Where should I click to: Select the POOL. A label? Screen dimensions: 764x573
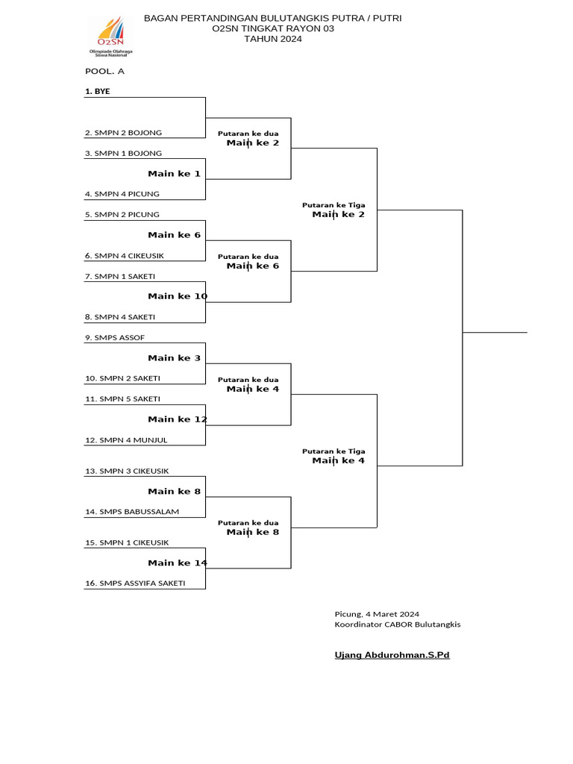click(104, 71)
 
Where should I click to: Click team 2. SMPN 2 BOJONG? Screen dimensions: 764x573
click(123, 133)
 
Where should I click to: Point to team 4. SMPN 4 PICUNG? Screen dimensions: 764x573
click(122, 194)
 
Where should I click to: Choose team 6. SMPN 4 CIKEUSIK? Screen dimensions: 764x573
click(125, 256)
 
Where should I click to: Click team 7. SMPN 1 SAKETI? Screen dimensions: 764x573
click(120, 276)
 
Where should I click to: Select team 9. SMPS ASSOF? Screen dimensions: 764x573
click(115, 338)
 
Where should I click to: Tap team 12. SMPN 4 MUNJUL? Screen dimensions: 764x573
click(126, 440)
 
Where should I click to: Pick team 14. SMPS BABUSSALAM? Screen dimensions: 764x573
click(132, 512)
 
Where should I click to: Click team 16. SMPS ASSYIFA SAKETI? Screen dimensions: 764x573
click(135, 583)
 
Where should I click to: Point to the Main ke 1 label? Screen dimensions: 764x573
click(174, 174)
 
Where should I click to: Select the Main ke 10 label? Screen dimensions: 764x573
click(178, 296)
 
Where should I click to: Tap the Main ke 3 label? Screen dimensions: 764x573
click(174, 358)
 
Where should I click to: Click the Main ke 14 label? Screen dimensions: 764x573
click(178, 563)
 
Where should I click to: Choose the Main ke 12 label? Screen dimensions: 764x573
click(178, 419)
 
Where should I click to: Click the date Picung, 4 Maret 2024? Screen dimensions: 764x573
click(377, 614)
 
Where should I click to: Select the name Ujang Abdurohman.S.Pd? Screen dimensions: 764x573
click(392, 655)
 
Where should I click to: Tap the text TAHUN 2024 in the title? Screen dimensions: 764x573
click(273, 40)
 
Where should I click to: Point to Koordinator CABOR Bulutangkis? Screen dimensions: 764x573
click(398, 624)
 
